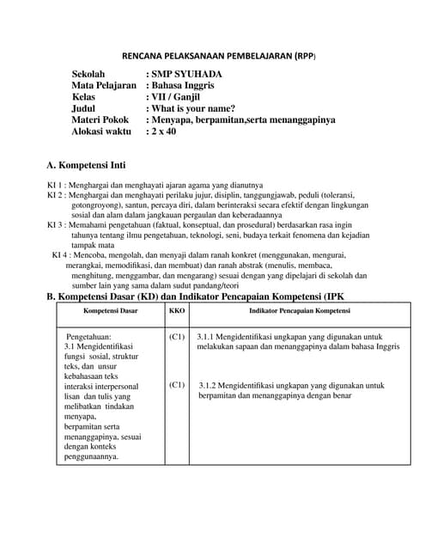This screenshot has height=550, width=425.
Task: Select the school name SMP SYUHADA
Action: (185, 76)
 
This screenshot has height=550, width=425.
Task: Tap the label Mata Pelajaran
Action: (104, 87)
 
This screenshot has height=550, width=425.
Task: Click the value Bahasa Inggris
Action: (184, 87)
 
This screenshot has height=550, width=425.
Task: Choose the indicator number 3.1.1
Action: (209, 338)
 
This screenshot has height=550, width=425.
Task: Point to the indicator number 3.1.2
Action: (212, 386)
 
